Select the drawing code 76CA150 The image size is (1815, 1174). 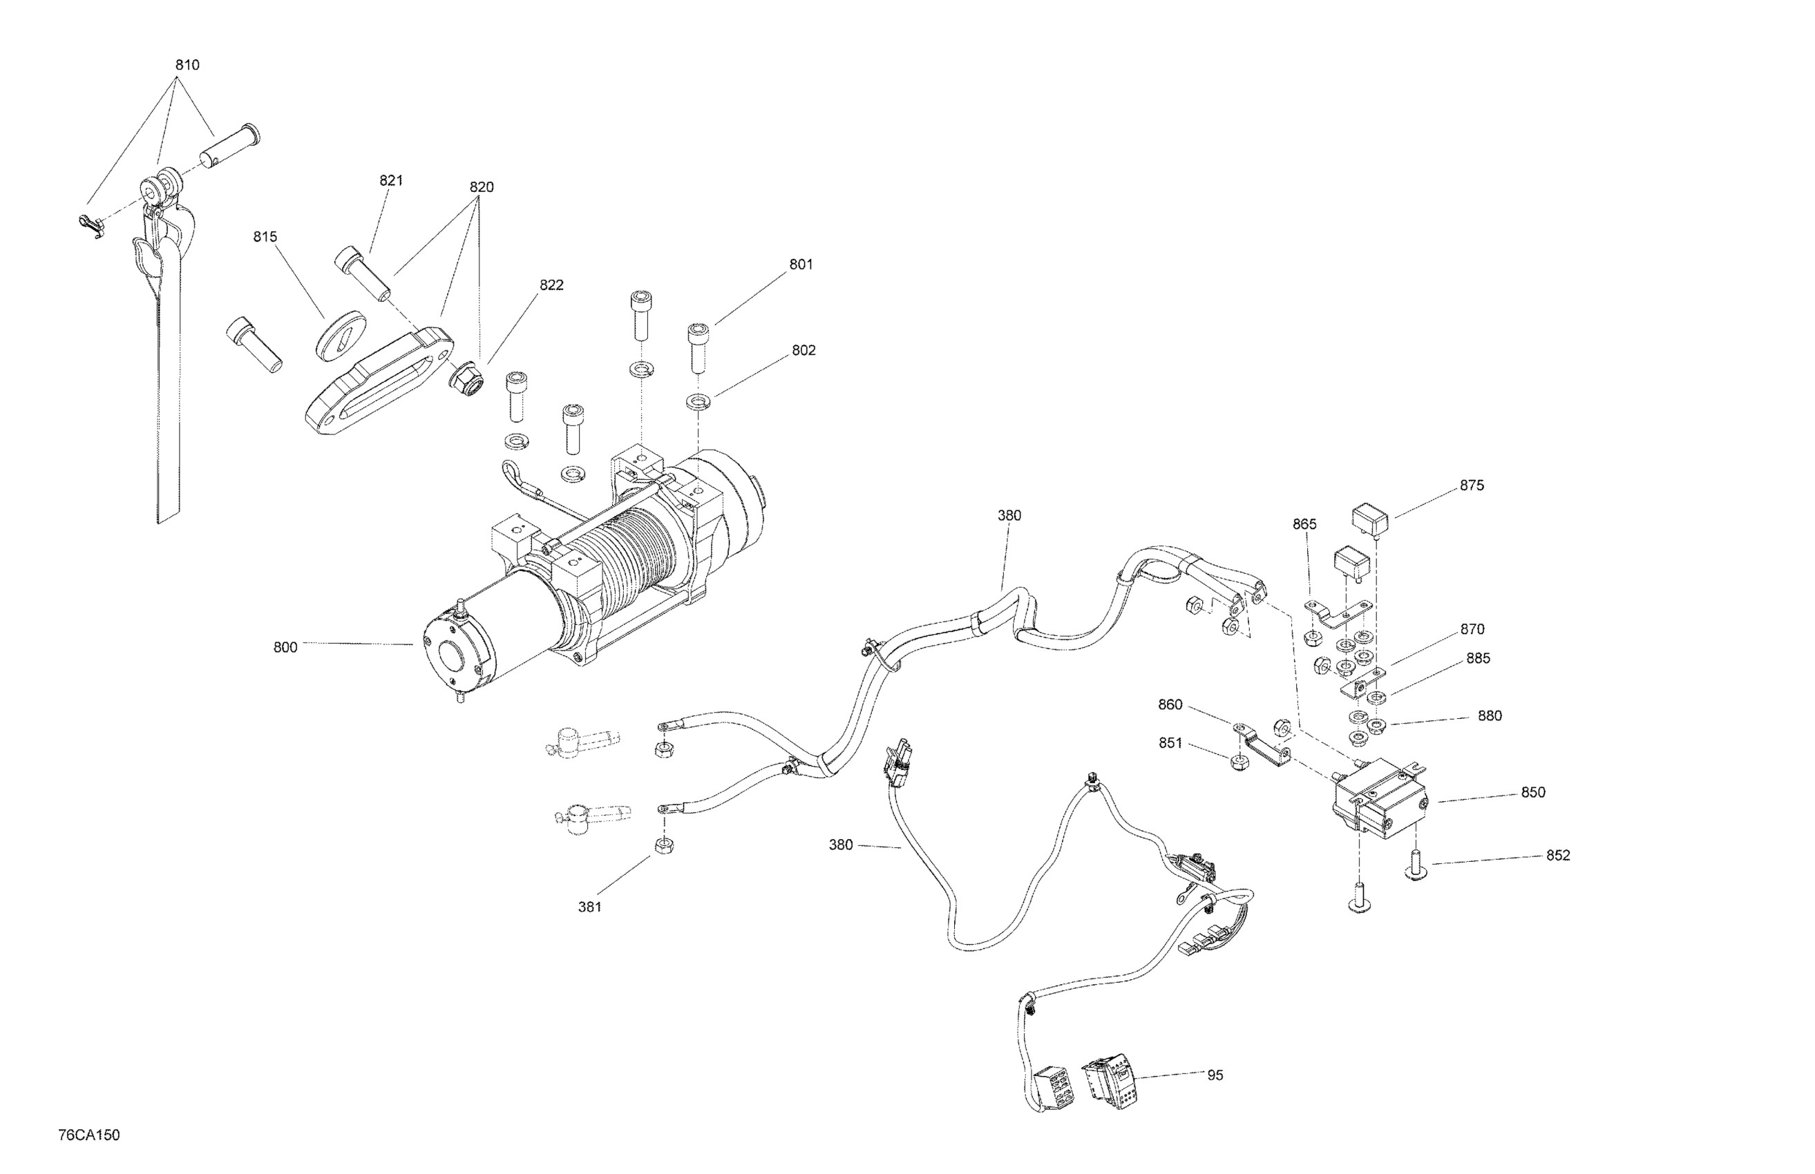click(x=88, y=1135)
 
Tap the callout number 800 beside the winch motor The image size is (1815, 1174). click(x=285, y=647)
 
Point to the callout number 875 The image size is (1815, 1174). click(x=1472, y=485)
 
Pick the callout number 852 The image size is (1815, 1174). click(x=1558, y=856)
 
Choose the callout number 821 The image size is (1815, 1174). click(x=391, y=181)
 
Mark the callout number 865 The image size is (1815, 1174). click(x=1304, y=524)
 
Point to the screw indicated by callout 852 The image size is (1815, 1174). click(x=1416, y=866)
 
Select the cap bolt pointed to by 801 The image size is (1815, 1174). click(x=698, y=347)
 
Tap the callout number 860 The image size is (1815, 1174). click(x=1170, y=704)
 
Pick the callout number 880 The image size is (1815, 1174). click(x=1490, y=716)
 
